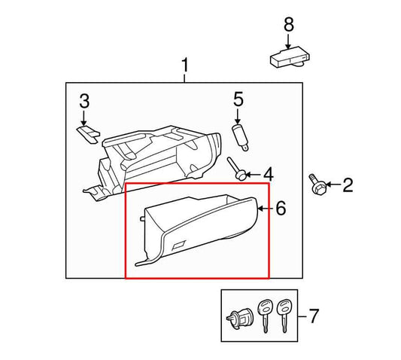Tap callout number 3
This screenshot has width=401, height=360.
click(x=84, y=101)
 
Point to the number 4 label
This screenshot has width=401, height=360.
click(x=267, y=174)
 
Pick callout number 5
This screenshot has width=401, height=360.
click(x=238, y=99)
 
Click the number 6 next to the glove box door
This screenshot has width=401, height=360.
click(x=281, y=209)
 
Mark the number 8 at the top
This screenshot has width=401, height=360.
click(x=287, y=25)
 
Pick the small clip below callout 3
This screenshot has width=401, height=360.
click(x=87, y=133)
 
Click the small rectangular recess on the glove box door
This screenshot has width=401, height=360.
click(x=180, y=244)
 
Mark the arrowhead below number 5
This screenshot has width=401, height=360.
click(x=238, y=121)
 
